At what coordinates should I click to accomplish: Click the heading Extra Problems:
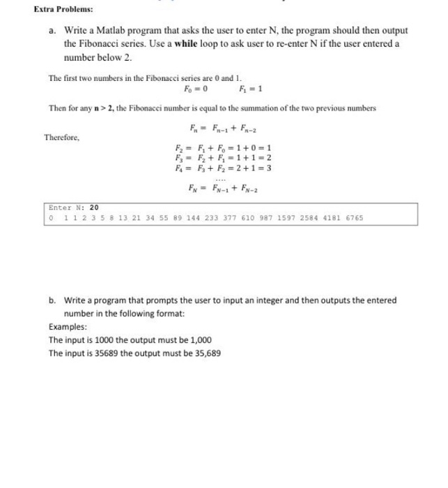(63, 10)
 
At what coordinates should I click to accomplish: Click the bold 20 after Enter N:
(94, 208)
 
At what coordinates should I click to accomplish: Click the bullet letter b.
(52, 300)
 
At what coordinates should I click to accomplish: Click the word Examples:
(68, 327)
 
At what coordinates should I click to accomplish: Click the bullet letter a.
(52, 31)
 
